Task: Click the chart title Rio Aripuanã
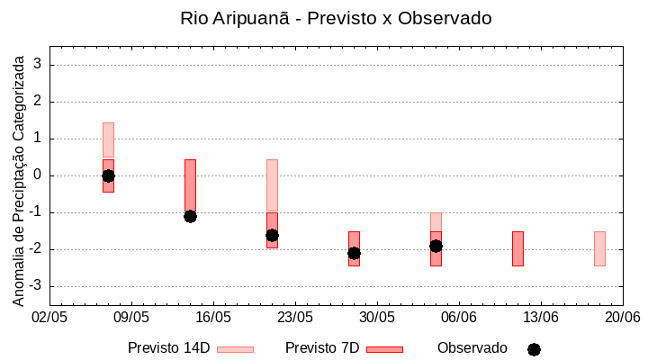[x=336, y=18]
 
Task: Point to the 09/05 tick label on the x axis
[x=131, y=318]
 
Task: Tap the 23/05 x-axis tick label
[x=295, y=318]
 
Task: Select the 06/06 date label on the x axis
[x=459, y=318]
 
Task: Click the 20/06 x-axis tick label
[x=622, y=318]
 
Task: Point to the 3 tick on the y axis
[x=39, y=65]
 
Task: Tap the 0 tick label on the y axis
[x=39, y=175]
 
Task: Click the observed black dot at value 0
[x=108, y=175]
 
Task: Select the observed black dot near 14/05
[x=190, y=216]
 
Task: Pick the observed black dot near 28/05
[x=354, y=253]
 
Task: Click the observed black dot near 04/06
[x=436, y=246]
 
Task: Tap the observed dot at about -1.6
[x=272, y=235]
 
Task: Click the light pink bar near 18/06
[x=599, y=248]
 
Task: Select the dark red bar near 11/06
[x=517, y=248]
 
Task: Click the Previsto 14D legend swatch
[x=235, y=349]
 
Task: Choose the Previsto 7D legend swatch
[x=384, y=349]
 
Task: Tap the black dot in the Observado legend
[x=534, y=349]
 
